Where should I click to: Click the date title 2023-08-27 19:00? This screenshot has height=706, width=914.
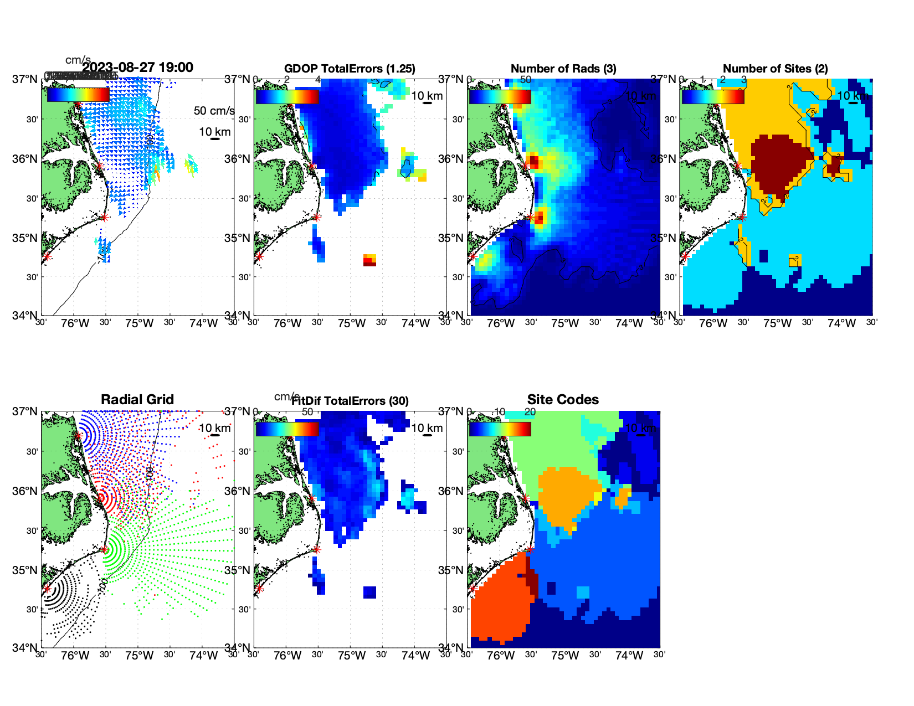tap(137, 68)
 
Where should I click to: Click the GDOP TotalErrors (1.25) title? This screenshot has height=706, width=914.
tap(350, 69)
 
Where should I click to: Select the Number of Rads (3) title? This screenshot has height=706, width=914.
tap(563, 69)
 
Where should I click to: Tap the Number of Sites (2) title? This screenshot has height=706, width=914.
tap(776, 69)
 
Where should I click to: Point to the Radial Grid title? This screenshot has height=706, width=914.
tap(137, 400)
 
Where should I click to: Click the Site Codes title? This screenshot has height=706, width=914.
tap(563, 400)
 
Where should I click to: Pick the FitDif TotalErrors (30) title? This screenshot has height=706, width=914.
tap(350, 401)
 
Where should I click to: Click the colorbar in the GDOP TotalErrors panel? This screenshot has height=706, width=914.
tap(287, 97)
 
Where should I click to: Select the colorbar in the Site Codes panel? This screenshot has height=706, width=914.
tap(500, 429)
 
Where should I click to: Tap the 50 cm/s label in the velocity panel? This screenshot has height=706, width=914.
tap(214, 111)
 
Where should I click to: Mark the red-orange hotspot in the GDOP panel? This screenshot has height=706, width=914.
tap(369, 260)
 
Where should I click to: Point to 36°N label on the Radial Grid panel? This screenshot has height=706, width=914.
tap(25, 491)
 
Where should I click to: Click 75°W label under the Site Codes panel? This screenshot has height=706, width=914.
tap(565, 656)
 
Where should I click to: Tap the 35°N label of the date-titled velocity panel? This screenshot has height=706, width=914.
tap(25, 239)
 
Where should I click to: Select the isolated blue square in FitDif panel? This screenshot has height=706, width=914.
tap(369, 592)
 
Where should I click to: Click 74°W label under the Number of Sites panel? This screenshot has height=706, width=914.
tap(841, 323)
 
